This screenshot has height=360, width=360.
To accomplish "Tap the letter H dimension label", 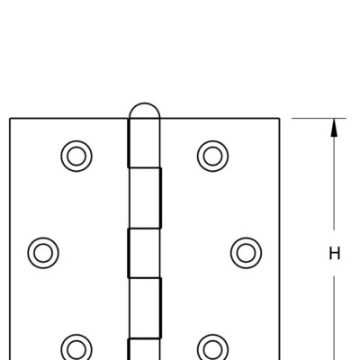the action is (x=335, y=254).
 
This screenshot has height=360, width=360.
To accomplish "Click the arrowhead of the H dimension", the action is (x=334, y=128).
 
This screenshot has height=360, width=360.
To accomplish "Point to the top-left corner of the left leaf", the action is (x=10, y=119).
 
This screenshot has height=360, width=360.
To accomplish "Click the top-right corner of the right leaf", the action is (x=280, y=119).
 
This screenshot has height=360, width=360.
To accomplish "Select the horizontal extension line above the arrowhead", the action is (x=319, y=119).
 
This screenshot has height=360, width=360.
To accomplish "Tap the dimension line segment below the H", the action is (x=334, y=318).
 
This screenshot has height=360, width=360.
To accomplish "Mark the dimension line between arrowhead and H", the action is (x=334, y=184).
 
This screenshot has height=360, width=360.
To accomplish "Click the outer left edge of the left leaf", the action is (x=10, y=239).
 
